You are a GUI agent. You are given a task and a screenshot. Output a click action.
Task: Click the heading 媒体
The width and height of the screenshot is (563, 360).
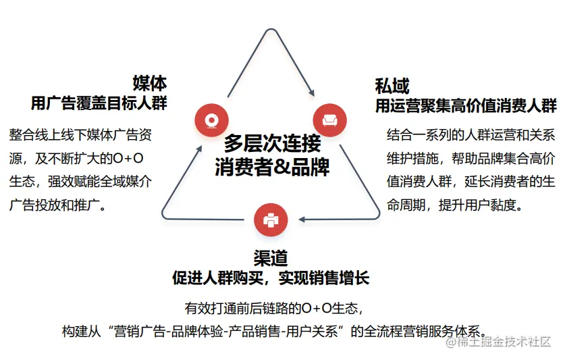(x=149, y=83)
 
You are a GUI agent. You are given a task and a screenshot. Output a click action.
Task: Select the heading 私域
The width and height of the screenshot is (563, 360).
(x=392, y=85)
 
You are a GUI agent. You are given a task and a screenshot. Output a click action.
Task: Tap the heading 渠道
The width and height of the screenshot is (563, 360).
(x=271, y=257)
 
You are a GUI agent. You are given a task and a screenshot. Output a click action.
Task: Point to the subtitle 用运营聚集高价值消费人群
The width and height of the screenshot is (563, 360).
(x=466, y=105)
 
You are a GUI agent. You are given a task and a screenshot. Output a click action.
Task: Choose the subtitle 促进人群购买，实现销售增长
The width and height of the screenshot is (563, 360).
(x=271, y=278)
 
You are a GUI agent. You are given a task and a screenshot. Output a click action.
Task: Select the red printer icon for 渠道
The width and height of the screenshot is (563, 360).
(x=271, y=219)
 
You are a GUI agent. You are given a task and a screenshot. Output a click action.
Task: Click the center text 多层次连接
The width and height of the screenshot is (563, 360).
(x=272, y=143)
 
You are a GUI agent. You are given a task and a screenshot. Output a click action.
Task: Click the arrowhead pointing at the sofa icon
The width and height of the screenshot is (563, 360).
(x=311, y=93)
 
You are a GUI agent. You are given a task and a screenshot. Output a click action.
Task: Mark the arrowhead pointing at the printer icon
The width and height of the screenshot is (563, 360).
(x=303, y=219)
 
